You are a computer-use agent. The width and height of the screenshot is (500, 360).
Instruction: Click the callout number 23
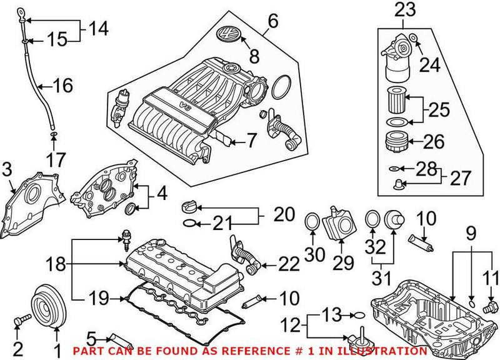click(x=404, y=9)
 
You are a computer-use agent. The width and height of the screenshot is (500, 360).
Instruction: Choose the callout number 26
click(x=433, y=141)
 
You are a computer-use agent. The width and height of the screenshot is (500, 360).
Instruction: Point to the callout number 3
click(x=7, y=168)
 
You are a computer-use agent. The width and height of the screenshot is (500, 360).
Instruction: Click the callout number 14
click(x=97, y=28)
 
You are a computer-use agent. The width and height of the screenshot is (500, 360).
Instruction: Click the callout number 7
click(x=250, y=141)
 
